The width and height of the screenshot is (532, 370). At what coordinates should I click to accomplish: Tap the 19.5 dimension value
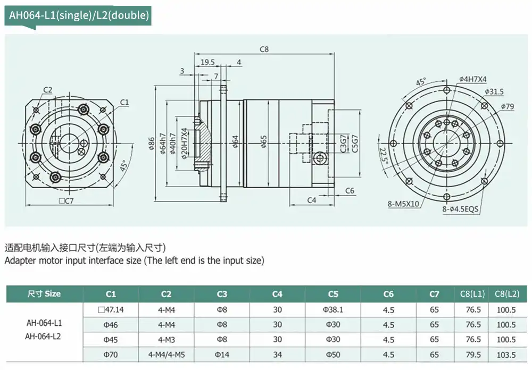(x=208, y=62)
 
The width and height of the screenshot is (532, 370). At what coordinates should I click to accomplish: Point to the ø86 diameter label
(x=152, y=142)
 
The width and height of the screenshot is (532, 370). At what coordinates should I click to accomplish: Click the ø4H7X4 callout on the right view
(x=472, y=80)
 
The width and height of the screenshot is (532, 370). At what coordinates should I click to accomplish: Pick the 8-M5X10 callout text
(x=403, y=203)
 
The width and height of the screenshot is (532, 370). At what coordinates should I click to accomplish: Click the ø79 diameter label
(x=507, y=106)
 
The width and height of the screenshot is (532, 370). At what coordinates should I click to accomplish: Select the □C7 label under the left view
(x=66, y=201)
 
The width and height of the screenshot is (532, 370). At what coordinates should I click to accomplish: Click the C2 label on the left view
(x=48, y=89)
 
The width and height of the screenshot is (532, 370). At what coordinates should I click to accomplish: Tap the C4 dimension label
(x=312, y=200)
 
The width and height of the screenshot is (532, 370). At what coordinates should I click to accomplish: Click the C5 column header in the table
(x=333, y=293)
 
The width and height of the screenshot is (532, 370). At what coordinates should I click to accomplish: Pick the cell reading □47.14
(x=111, y=309)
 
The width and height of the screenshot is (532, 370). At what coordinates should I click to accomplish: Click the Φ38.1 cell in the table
(x=333, y=309)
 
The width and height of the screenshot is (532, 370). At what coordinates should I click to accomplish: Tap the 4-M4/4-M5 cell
(x=167, y=355)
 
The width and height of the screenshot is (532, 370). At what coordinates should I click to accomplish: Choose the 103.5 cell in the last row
(x=506, y=355)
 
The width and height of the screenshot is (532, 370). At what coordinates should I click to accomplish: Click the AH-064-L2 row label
(x=44, y=335)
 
